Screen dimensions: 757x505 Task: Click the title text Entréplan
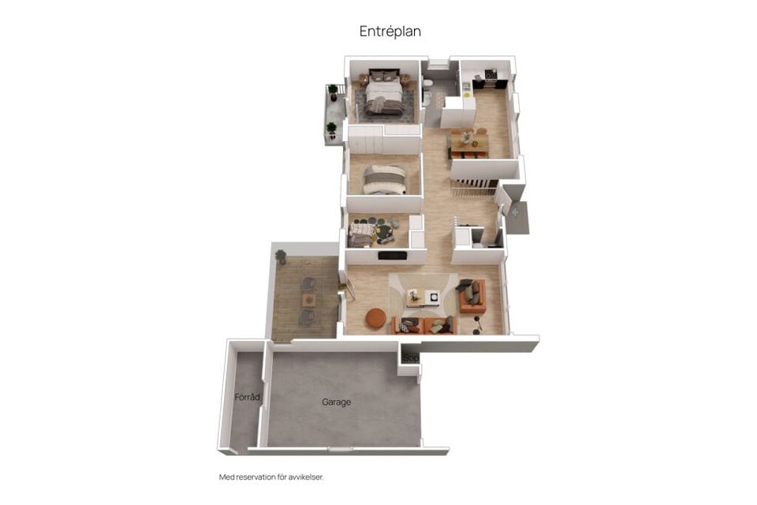pos(390,32)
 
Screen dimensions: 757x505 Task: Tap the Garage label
pos(336,402)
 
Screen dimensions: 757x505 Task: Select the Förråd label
pos(247,397)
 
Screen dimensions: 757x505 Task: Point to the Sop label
pos(411,358)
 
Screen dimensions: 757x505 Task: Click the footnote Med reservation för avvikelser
pos(271,477)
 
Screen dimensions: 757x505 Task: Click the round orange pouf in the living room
pos(375,319)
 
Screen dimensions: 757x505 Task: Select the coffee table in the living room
pos(423,297)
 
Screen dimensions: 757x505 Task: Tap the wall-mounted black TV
pos(392,256)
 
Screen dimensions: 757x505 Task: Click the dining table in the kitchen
pos(468,142)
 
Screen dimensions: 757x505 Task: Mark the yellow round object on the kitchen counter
pos(467,95)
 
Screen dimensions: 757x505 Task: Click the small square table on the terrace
pos(309,301)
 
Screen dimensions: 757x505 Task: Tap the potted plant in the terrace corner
pos(281,256)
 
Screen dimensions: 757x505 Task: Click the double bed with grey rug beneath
pos(384,95)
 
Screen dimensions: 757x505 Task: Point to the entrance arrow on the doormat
pos(515,211)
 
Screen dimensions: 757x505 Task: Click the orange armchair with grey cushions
pos(472,296)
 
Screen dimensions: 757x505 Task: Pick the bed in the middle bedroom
pos(384,179)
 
